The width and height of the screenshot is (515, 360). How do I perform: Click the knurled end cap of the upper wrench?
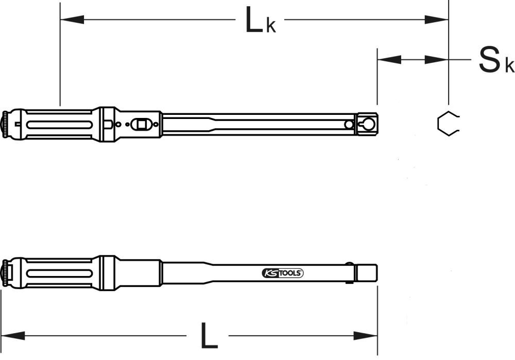(6, 124)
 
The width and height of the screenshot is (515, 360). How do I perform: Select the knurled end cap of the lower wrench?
(6, 272)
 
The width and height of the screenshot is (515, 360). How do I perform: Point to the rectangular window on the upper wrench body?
(139, 124)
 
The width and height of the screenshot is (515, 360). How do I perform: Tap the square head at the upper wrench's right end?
(368, 124)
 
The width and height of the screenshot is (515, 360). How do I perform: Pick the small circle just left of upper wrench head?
(350, 124)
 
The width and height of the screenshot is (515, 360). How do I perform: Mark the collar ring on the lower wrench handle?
(108, 272)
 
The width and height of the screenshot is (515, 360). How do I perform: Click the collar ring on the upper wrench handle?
(108, 124)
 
